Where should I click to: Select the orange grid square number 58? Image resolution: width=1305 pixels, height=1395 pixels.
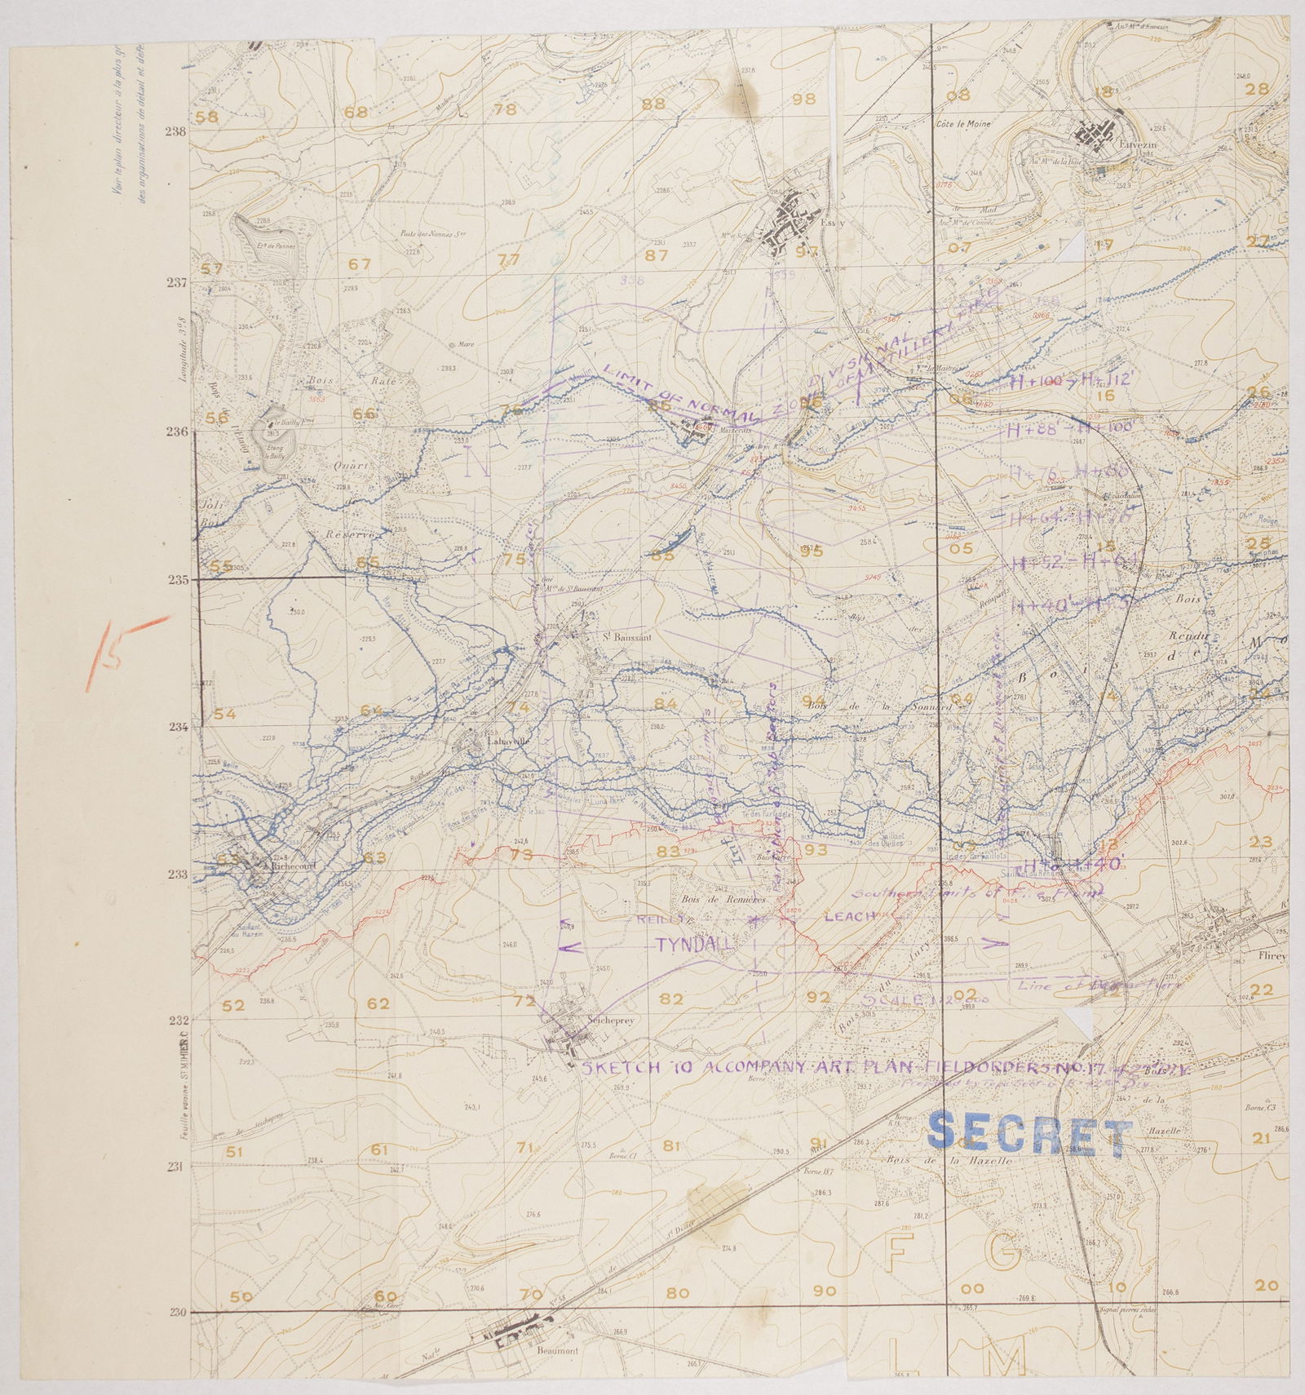(208, 116)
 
